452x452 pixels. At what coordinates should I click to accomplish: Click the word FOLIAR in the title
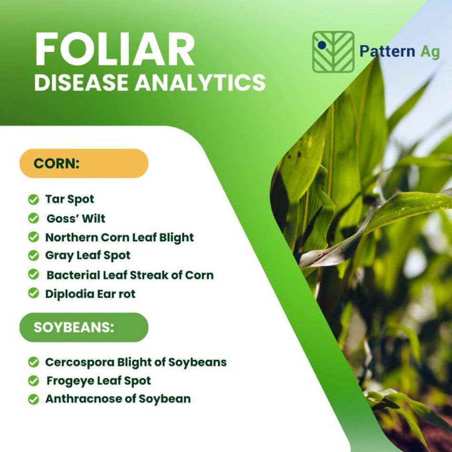(115, 49)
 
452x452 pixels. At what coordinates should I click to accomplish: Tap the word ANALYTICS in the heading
(201, 82)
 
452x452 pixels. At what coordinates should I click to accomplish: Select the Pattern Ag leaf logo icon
(333, 52)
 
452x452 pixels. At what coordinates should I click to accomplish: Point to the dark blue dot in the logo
(322, 45)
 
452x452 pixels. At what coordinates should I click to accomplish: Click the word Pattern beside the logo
(387, 51)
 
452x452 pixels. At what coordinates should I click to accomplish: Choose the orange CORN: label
(84, 164)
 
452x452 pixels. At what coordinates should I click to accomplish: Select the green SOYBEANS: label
(84, 327)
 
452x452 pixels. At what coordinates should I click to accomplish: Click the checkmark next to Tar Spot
(33, 199)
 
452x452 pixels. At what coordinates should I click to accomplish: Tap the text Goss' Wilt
(76, 218)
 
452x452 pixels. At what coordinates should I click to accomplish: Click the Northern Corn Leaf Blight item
(119, 238)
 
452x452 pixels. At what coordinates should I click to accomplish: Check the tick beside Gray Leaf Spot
(33, 255)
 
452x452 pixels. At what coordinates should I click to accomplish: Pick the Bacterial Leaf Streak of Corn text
(130, 275)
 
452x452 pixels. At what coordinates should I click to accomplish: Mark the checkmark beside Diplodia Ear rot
(33, 293)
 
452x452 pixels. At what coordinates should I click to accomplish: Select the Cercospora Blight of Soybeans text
(136, 363)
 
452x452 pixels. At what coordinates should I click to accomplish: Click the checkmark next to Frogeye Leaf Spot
(33, 381)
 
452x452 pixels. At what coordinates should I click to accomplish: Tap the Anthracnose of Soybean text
(118, 399)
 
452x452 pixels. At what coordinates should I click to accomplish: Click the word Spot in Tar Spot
(81, 200)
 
